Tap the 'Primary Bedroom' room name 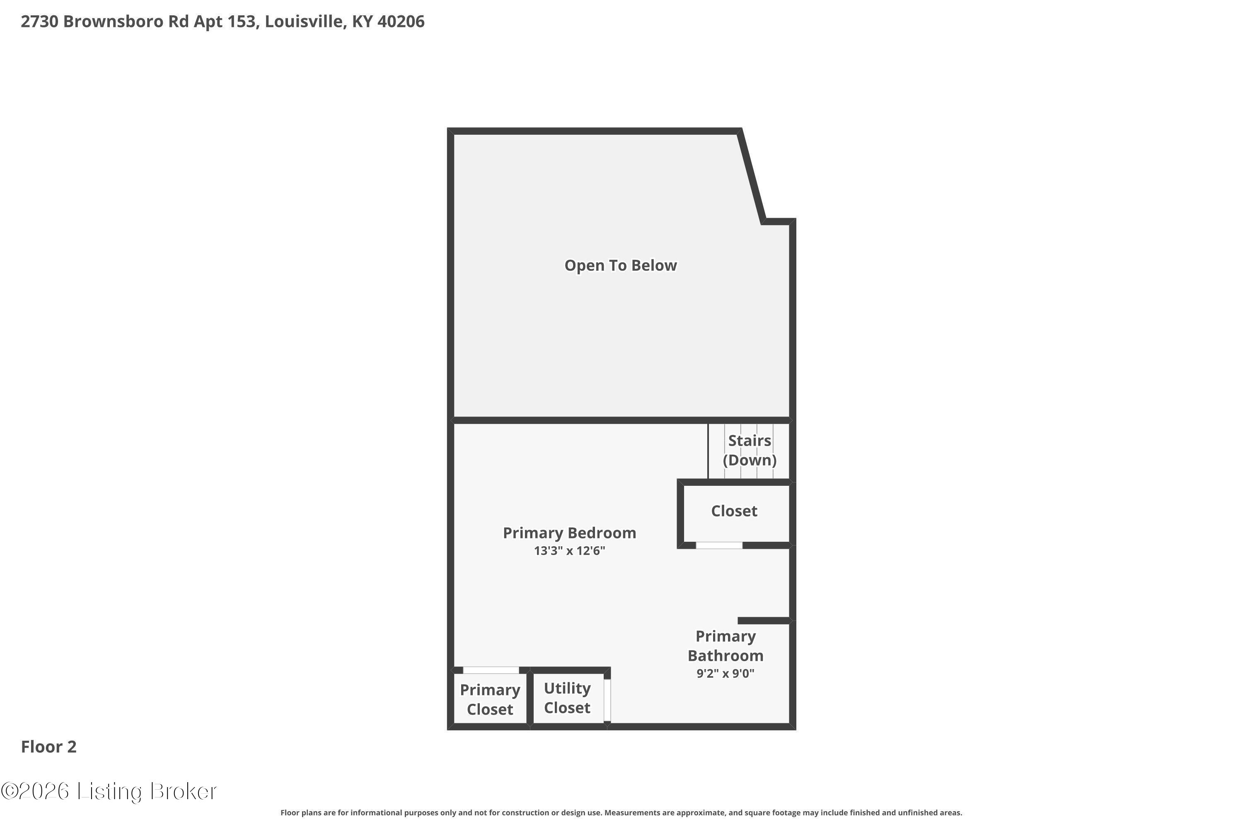point(569,533)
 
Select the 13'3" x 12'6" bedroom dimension point(569,551)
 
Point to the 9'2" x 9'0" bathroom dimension point(725,674)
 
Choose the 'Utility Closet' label point(567,698)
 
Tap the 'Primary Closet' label point(490,700)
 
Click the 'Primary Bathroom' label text point(725,646)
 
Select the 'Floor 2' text point(48,747)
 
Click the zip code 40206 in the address point(401,22)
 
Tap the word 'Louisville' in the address point(304,22)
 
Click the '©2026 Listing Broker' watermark point(109,791)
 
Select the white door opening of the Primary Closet point(491,670)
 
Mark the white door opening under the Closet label point(719,545)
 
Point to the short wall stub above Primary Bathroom point(764,620)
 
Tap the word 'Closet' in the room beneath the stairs point(734,511)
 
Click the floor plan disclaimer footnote point(621,812)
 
